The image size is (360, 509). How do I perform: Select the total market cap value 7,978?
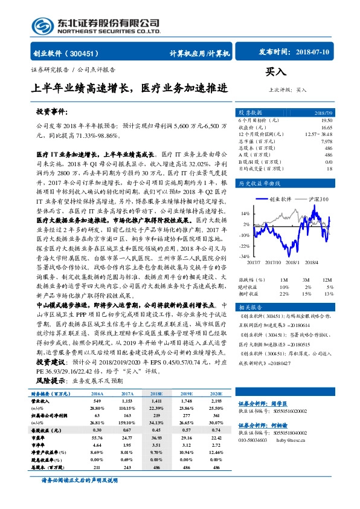[x=326, y=141]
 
